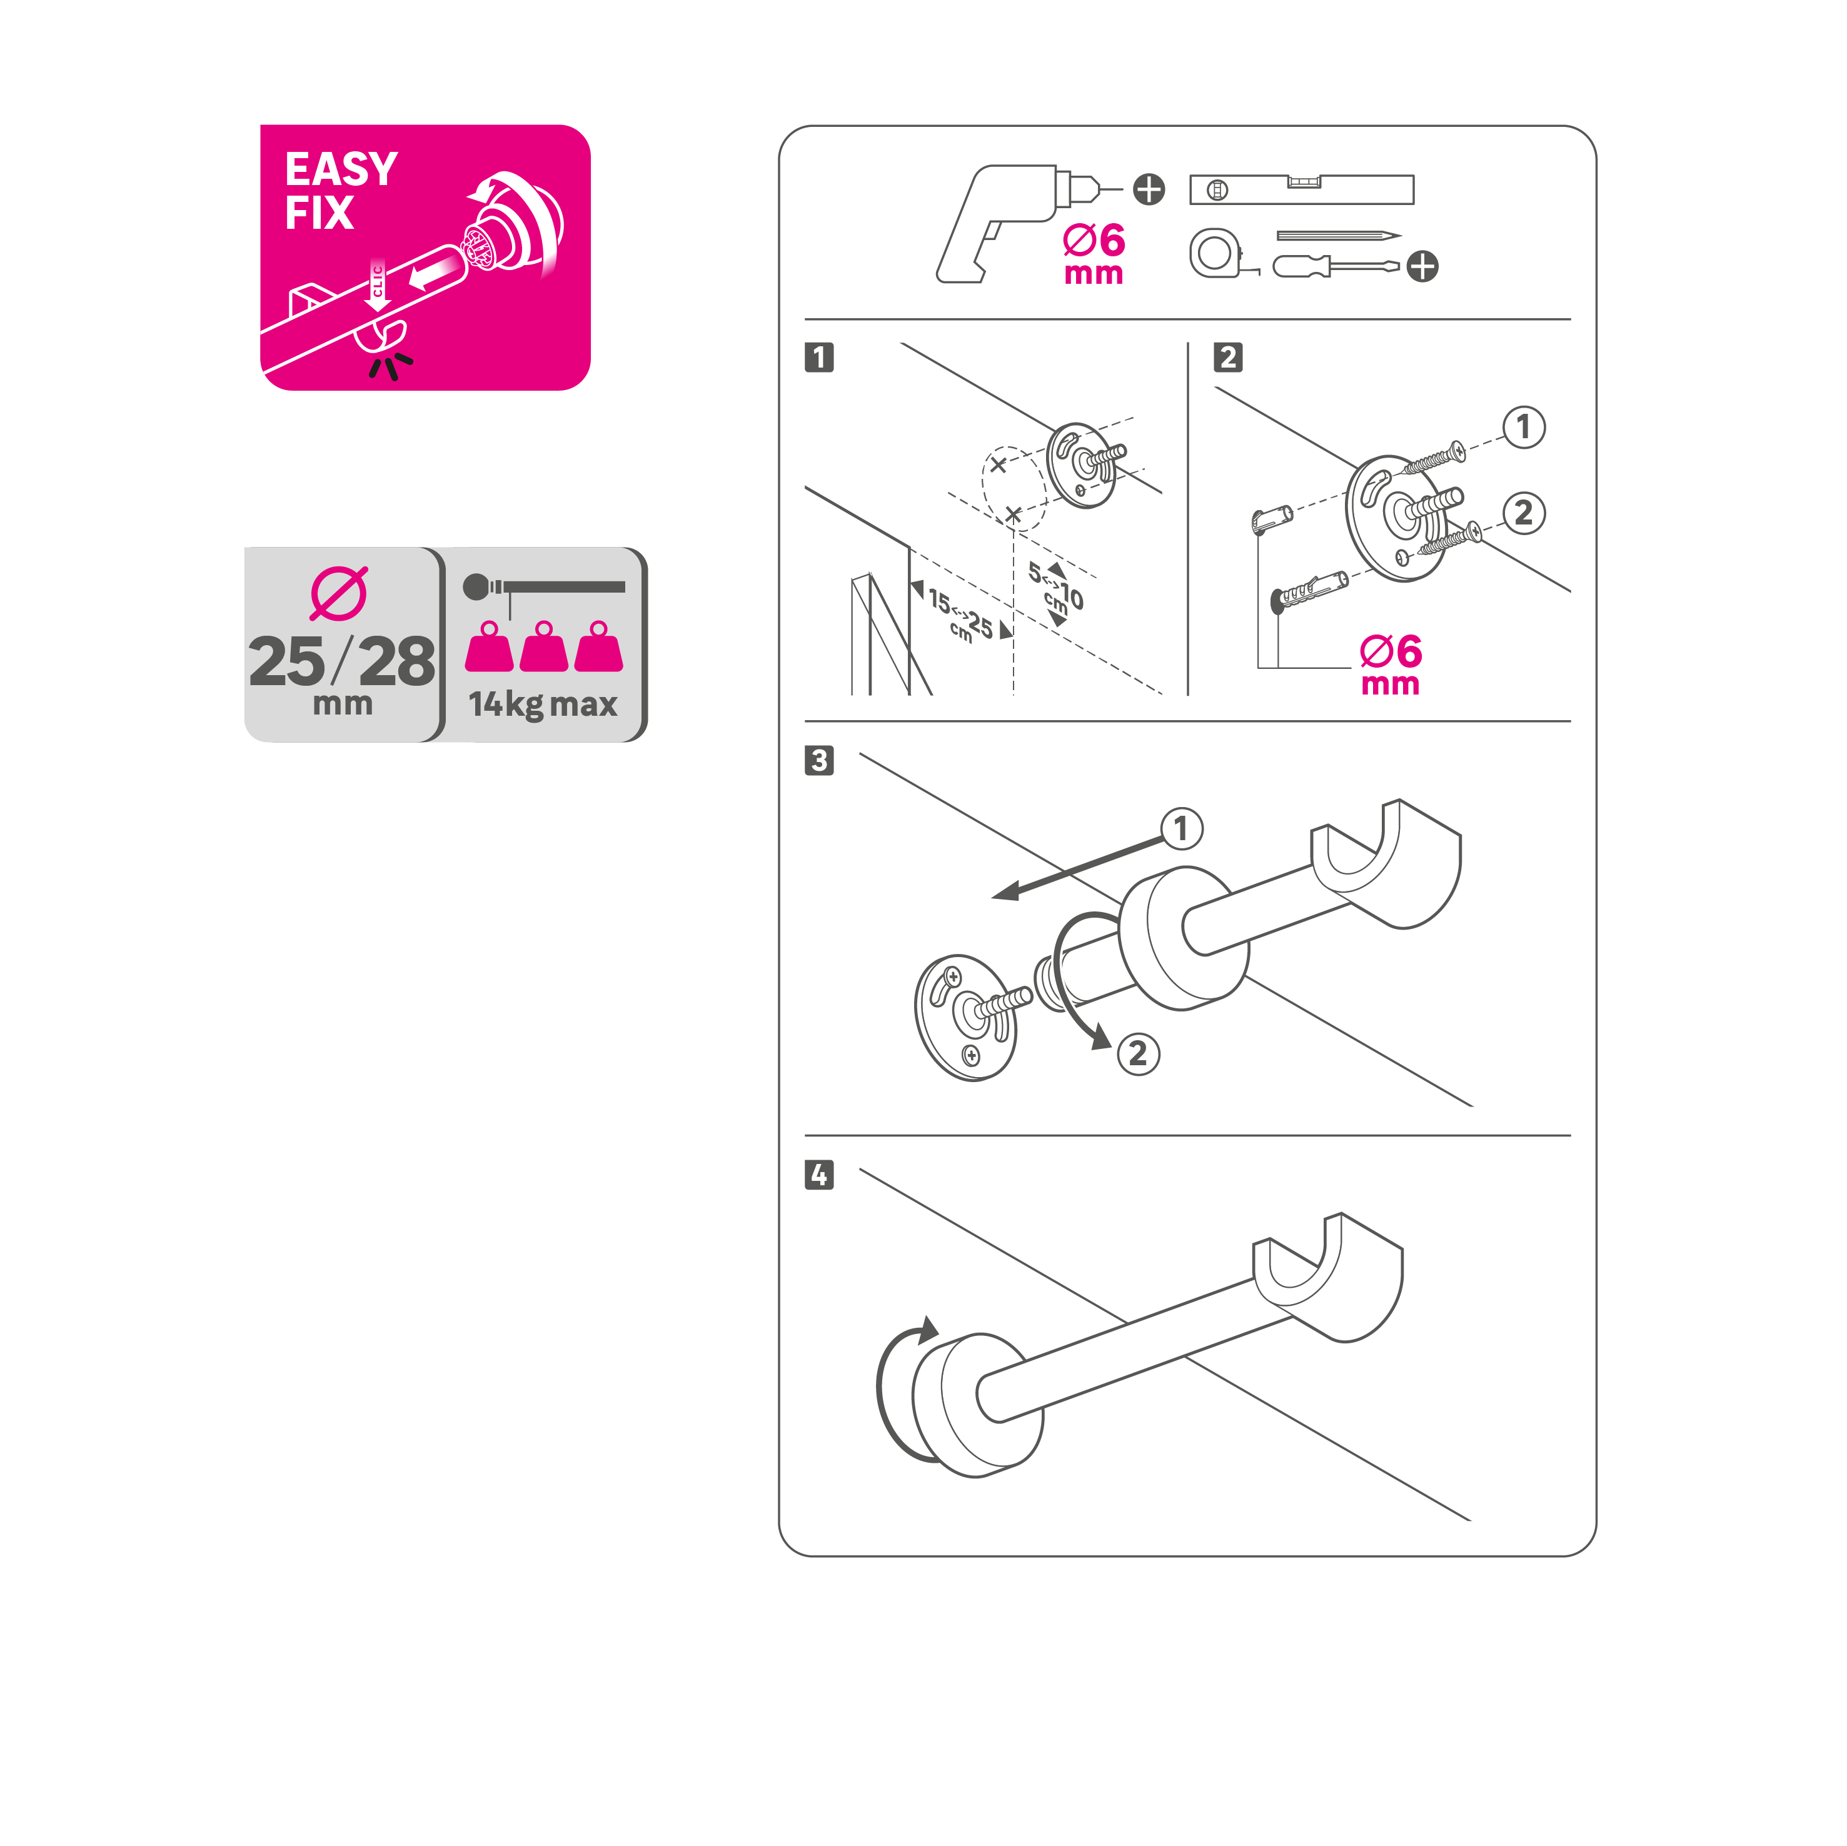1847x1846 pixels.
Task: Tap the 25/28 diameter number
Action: (x=342, y=661)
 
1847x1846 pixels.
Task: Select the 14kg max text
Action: (x=542, y=705)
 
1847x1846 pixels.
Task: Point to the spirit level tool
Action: (x=1301, y=189)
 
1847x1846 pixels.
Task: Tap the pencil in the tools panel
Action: (x=1339, y=235)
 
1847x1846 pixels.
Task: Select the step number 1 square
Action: (x=819, y=358)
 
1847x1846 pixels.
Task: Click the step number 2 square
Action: (x=1229, y=358)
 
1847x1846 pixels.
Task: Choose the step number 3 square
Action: (x=819, y=761)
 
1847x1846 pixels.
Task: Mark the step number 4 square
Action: (x=819, y=1175)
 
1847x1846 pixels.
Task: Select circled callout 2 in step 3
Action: (x=1137, y=1053)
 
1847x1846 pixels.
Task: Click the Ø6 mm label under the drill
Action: (x=1094, y=254)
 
